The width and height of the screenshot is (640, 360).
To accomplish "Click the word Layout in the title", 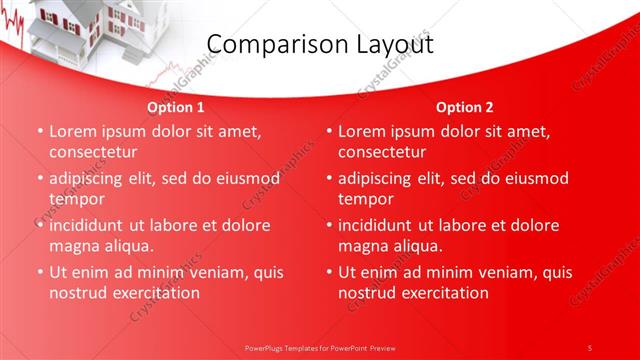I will point(389,44).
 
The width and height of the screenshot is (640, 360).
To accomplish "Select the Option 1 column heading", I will point(175,107).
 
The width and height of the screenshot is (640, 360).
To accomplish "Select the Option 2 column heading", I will point(464,107).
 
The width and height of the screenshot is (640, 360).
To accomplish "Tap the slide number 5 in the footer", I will point(589,347).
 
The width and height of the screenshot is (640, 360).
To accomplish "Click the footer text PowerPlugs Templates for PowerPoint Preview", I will point(319,347).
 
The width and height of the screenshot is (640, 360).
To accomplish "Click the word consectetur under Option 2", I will point(381,153).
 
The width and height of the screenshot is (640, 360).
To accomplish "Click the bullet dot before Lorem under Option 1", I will point(40,132).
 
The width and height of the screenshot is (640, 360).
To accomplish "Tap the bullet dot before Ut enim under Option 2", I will point(329,273).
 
